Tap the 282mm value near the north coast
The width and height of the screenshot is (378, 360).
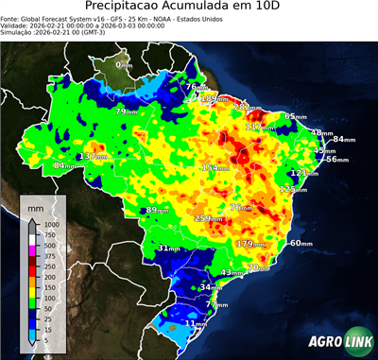click(244, 107)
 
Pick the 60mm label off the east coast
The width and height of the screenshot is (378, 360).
click(301, 243)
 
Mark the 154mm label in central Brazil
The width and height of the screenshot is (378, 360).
click(215, 167)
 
